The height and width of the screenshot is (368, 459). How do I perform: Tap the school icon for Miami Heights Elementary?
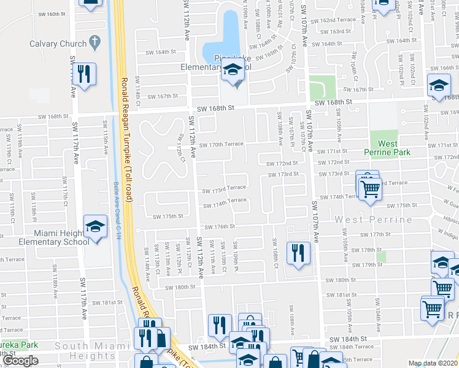(x=95, y=227)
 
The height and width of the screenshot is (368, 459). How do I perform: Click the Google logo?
(x=20, y=361)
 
